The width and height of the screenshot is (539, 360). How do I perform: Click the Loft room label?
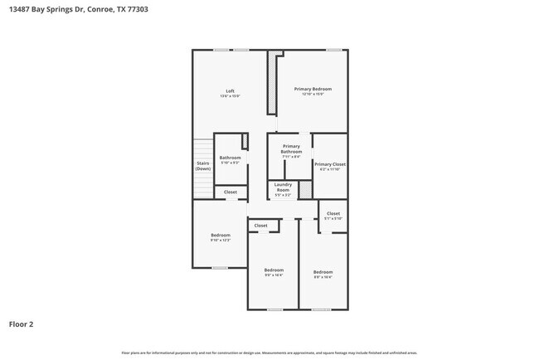(x=230, y=91)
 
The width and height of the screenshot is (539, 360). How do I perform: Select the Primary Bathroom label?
(x=291, y=149)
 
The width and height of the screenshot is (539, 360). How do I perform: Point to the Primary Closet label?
(x=330, y=164)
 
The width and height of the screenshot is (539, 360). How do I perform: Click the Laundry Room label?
(x=283, y=187)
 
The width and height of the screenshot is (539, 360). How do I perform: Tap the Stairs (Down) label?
(x=203, y=165)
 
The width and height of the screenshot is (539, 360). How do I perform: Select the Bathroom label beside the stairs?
(x=230, y=158)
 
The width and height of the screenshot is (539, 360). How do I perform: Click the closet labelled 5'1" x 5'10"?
(x=333, y=214)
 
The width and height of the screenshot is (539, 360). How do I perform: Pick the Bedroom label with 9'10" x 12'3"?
(x=220, y=236)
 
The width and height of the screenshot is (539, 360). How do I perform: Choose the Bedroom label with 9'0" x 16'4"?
(x=274, y=270)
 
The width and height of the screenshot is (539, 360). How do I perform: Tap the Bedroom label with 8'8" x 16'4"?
(x=323, y=272)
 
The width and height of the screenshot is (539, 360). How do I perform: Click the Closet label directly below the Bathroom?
(x=231, y=192)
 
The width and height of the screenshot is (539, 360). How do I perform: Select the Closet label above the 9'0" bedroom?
(x=260, y=226)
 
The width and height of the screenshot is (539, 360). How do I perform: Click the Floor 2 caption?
(x=22, y=324)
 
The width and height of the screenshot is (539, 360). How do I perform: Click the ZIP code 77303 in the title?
(x=140, y=10)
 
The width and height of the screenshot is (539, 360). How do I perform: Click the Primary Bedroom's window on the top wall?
(x=334, y=50)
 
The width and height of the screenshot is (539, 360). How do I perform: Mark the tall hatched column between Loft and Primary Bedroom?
(x=271, y=84)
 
